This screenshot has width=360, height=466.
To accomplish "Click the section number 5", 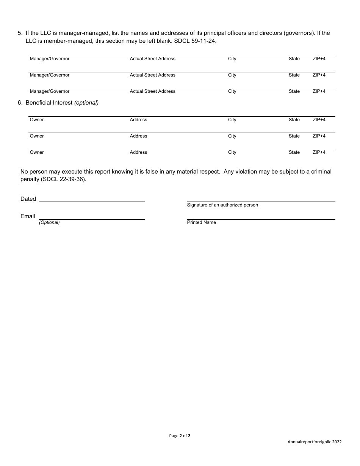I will [20, 33].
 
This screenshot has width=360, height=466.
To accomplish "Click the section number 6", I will [20, 103].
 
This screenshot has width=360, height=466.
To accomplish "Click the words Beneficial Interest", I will [49, 103].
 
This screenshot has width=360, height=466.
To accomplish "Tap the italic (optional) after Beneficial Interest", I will [86, 103].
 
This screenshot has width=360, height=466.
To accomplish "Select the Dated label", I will [28, 199].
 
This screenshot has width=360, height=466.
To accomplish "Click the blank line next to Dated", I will [92, 199].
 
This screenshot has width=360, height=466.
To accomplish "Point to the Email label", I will [28, 216].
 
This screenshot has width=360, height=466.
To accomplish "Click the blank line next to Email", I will [92, 217].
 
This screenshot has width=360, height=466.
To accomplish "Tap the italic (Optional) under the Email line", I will [49, 222].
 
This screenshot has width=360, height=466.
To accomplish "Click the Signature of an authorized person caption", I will [222, 205].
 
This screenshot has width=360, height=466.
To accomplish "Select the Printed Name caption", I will [201, 222].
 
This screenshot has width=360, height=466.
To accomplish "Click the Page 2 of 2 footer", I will [180, 436].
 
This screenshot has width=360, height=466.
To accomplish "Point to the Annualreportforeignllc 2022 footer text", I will [315, 442].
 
